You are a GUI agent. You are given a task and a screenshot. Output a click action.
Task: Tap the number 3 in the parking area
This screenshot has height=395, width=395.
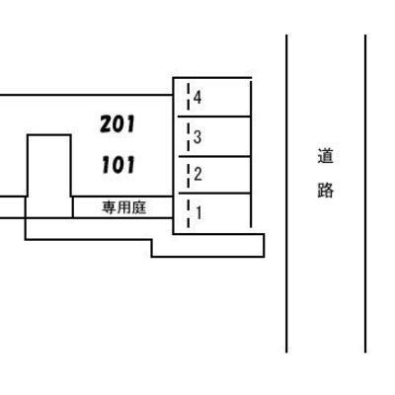(197, 137)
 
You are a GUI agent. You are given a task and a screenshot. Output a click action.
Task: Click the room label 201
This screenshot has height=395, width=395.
(118, 124)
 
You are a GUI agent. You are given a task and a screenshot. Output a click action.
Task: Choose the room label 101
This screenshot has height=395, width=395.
(118, 165)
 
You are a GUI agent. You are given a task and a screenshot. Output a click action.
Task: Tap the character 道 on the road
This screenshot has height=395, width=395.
(326, 156)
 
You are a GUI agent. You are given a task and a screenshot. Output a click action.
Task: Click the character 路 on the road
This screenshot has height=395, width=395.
(326, 190)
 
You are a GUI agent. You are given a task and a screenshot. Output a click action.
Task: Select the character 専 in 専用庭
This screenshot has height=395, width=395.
(109, 207)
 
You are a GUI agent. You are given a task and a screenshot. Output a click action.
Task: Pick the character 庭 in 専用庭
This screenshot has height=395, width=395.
(139, 207)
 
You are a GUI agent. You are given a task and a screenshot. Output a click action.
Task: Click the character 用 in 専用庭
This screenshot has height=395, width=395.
(123, 207)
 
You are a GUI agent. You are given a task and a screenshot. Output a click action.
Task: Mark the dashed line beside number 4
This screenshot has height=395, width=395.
(189, 97)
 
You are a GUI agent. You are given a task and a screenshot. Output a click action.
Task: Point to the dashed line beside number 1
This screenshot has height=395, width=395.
(189, 212)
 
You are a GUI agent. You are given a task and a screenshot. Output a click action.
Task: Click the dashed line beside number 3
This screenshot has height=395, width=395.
(189, 137)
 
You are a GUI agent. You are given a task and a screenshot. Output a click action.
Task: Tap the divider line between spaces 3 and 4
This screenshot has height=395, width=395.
(214, 117)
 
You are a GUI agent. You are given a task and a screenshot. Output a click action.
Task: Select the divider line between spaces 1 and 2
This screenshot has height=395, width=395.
(214, 194)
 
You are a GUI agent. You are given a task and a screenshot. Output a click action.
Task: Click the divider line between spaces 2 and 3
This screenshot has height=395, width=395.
(214, 157)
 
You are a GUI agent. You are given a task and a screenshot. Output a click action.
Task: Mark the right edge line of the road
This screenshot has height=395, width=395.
(365, 194)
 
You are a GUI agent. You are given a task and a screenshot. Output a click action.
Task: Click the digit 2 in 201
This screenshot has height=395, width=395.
(106, 124)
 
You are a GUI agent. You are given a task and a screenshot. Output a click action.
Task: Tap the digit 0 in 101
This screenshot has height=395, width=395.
(118, 165)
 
